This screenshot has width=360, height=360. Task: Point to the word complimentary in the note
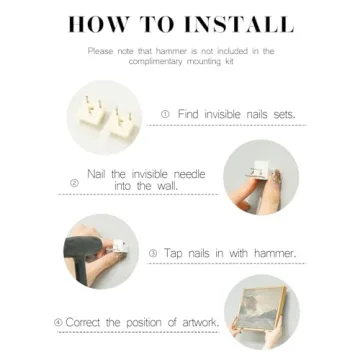click(x=153, y=62)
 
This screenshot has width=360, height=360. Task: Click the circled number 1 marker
click(x=165, y=114)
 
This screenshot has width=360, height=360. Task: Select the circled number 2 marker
click(x=75, y=183)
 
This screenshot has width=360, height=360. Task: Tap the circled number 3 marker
click(x=153, y=254)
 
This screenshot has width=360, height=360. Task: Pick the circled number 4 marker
click(x=58, y=323)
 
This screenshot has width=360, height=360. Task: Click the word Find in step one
click(x=189, y=114)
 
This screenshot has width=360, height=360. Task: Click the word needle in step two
click(x=188, y=174)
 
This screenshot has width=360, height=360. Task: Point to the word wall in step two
click(x=166, y=186)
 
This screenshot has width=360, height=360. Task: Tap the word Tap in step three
click(x=173, y=254)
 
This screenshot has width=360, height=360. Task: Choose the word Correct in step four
click(x=83, y=323)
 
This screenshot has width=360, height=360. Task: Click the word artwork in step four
click(x=201, y=323)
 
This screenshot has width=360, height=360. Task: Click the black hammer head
click(x=83, y=247)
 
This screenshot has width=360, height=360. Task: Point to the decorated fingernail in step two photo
click(x=276, y=176)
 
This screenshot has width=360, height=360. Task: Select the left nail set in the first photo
click(x=91, y=112)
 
